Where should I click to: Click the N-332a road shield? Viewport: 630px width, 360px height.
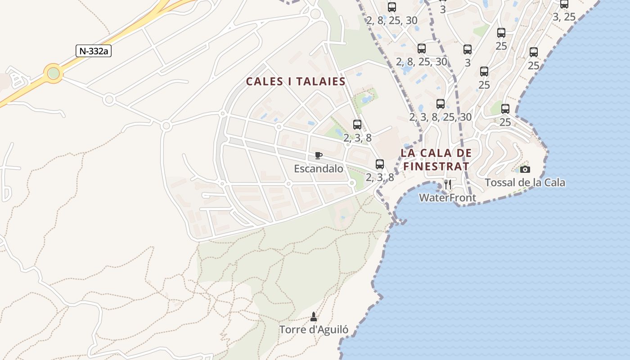point(93,51)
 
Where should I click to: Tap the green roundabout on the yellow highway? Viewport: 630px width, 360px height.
point(54,72)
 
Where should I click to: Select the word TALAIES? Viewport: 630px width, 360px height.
point(320,81)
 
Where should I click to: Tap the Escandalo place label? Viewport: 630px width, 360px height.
point(318,169)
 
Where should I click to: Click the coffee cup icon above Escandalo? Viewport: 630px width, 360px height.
point(318,156)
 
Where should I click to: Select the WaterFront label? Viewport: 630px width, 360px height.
point(447,198)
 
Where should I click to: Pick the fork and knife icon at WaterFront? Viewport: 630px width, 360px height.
point(447,184)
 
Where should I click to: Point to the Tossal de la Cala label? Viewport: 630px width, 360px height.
point(525,182)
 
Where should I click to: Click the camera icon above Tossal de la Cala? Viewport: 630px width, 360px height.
point(525,170)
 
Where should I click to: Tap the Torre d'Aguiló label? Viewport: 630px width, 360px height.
point(314,329)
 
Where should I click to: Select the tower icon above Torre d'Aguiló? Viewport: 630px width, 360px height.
point(314,317)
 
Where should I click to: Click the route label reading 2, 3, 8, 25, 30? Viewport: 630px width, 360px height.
point(440,117)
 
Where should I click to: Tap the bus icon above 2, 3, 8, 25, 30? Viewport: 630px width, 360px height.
point(440,104)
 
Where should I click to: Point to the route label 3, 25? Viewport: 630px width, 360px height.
point(564,17)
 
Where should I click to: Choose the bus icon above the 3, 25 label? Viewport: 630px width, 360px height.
point(564,4)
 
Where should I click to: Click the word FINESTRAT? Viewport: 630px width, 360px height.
point(436,166)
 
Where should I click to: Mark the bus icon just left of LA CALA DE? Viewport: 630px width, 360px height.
point(379,164)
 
